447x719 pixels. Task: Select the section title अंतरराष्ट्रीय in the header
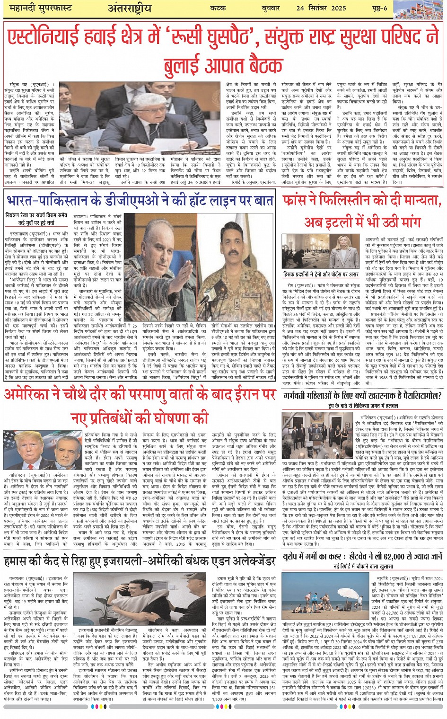[130, 8]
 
